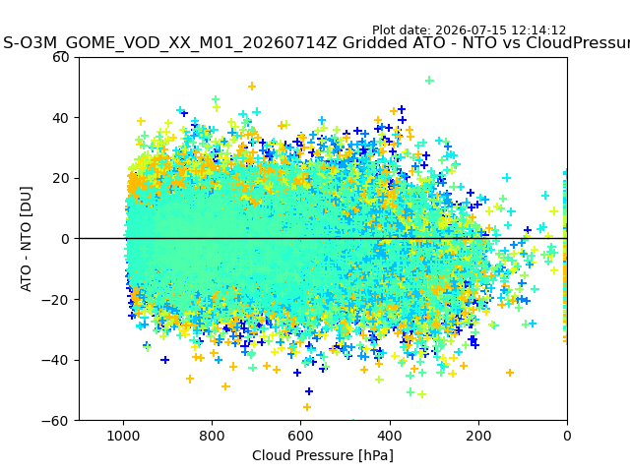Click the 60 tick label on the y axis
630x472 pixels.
pos(61,57)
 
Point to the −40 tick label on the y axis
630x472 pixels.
pos(55,360)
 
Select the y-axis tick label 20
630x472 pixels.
pos(61,179)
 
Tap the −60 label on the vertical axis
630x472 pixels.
pos(55,421)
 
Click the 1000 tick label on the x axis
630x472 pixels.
pos(123,436)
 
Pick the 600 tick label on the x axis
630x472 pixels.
pos(300,436)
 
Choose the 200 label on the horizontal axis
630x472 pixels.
pos(478,436)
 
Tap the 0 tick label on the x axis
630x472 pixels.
pos(567,436)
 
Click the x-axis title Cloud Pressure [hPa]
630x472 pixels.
pos(323,455)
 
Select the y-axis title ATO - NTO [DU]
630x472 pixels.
pos(27,239)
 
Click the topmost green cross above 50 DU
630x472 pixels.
pos(429,81)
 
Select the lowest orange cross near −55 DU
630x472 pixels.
pos(307,407)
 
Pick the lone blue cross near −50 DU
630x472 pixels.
pos(308,391)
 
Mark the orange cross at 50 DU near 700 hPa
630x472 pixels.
pos(252,87)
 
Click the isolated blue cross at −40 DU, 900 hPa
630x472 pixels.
pos(164,360)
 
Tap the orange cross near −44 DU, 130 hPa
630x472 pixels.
pos(510,373)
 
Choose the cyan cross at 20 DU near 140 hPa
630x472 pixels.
pos(506,177)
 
